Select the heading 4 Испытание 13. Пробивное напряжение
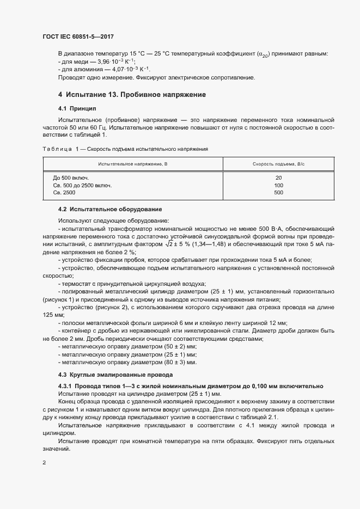coord(132,95)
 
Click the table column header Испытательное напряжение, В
coord(132,164)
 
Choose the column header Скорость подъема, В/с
coord(278,164)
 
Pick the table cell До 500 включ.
coord(71,177)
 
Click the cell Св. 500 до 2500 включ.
coord(82,185)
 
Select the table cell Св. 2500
coord(64,193)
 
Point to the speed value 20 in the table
coord(278,177)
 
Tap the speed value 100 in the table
coord(278,185)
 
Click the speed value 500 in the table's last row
coord(278,193)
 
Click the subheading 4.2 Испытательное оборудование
coord(110,209)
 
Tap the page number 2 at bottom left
coord(44,463)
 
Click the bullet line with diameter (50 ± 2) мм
coord(129,346)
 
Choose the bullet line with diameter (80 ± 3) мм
coord(129,361)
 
